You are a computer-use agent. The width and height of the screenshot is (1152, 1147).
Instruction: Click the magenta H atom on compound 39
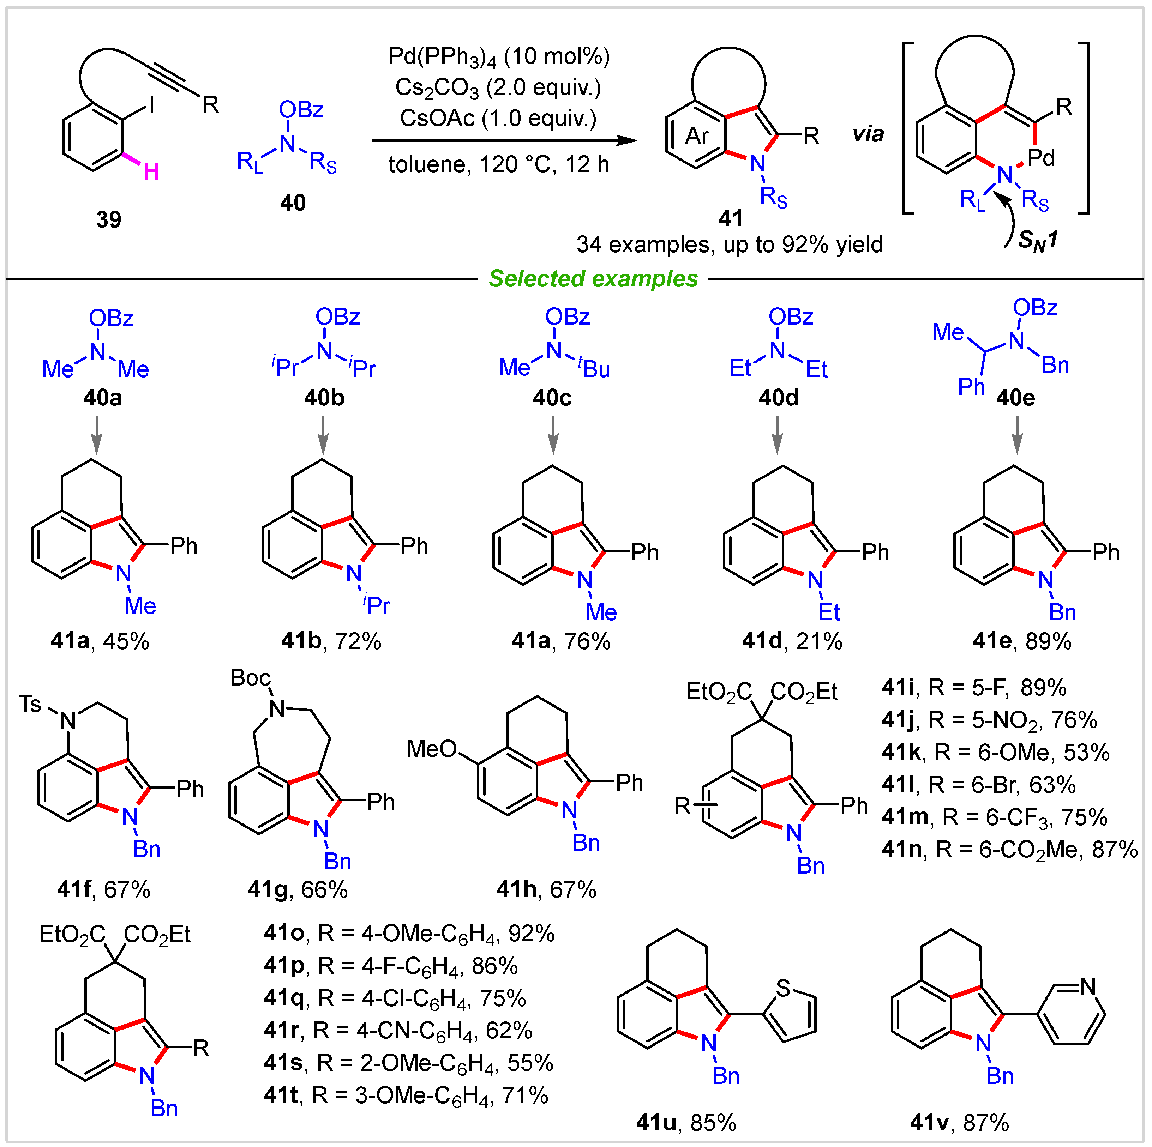pyautogui.click(x=151, y=172)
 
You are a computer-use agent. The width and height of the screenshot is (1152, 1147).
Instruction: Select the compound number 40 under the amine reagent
pyautogui.click(x=293, y=203)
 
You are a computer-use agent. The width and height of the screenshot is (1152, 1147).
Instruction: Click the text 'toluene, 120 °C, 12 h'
pyautogui.click(x=499, y=164)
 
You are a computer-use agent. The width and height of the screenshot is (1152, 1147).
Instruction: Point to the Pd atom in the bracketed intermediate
pyautogui.click(x=1041, y=158)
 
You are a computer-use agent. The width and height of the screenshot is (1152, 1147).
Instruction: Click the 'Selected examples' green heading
pyautogui.click(x=593, y=279)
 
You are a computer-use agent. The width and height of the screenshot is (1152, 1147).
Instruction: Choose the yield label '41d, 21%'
pyautogui.click(x=792, y=641)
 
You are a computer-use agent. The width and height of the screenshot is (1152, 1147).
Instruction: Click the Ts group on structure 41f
pyautogui.click(x=30, y=704)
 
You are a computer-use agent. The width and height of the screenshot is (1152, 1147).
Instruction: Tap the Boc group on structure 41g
pyautogui.click(x=251, y=678)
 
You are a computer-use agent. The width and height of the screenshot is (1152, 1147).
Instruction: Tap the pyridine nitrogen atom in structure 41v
pyautogui.click(x=1088, y=986)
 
